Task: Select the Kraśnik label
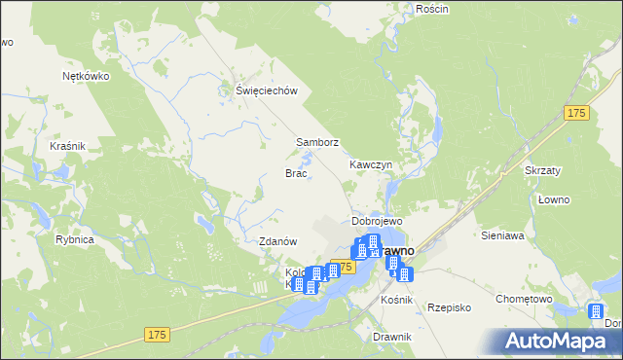pyautogui.click(x=68, y=146)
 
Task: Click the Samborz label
pyautogui.click(x=317, y=142)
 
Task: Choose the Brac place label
pyautogui.click(x=296, y=173)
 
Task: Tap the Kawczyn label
pyautogui.click(x=371, y=165)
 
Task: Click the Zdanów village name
pyautogui.click(x=277, y=241)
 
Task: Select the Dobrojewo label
pyautogui.click(x=377, y=222)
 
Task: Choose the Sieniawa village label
pyautogui.click(x=502, y=235)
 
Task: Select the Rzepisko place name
pyautogui.click(x=449, y=306)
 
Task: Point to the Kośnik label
pyautogui.click(x=398, y=300)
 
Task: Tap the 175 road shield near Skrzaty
pyautogui.click(x=576, y=114)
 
